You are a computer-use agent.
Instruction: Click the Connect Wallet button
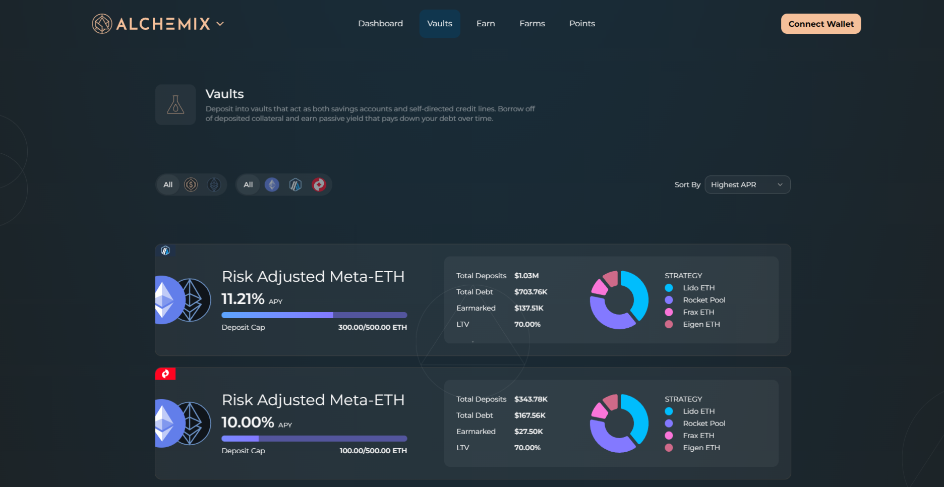(x=820, y=24)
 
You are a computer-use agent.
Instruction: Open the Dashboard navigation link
(x=380, y=24)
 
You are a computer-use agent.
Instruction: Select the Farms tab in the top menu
(x=532, y=24)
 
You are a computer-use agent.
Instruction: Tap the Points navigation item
(x=582, y=24)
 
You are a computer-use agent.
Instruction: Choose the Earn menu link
(x=486, y=24)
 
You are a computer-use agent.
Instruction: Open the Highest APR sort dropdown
(x=747, y=185)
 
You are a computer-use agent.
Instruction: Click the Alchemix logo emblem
(x=102, y=24)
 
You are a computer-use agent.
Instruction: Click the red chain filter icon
(x=319, y=185)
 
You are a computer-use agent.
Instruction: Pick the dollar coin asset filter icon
(x=191, y=185)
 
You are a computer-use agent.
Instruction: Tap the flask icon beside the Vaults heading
(x=175, y=105)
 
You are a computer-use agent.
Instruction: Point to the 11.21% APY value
(x=243, y=299)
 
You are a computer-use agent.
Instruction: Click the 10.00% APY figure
(x=248, y=422)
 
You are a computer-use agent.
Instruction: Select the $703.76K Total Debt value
(x=530, y=292)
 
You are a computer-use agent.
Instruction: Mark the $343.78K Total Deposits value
(x=530, y=399)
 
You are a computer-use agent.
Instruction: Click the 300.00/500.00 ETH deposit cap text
(x=372, y=327)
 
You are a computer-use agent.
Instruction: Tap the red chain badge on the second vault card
(x=165, y=374)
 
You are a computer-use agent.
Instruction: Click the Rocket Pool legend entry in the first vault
(x=703, y=300)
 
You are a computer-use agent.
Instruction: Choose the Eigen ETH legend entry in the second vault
(x=701, y=448)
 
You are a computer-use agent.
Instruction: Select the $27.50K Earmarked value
(x=528, y=432)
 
